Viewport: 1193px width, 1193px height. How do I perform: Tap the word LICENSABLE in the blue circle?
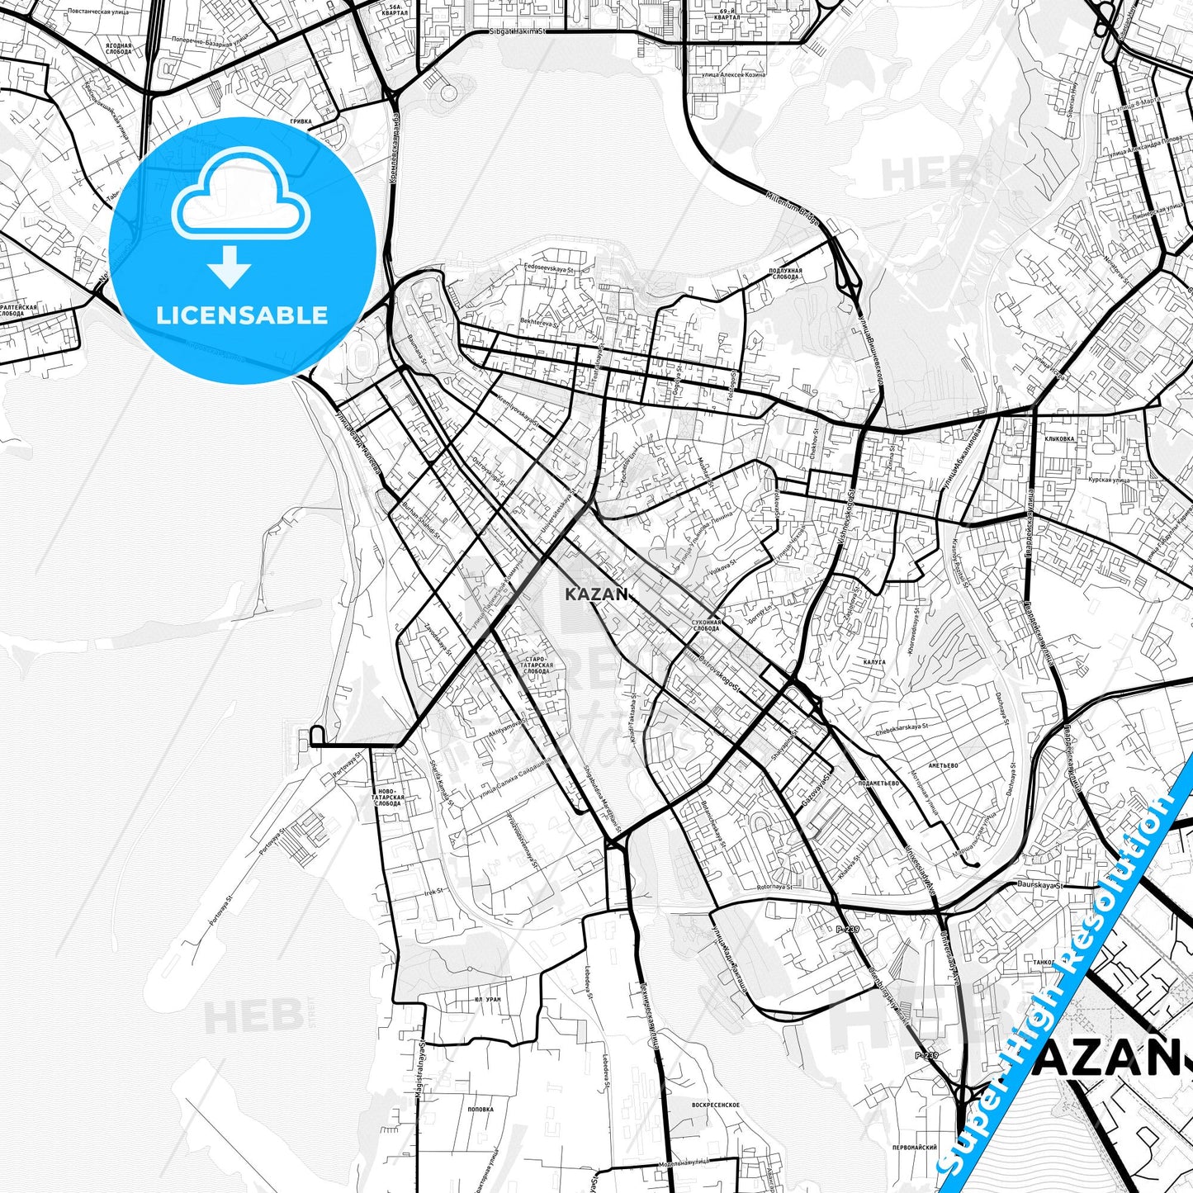242,315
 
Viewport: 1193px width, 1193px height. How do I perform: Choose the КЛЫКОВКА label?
1059,439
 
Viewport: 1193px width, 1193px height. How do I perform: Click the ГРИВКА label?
301,121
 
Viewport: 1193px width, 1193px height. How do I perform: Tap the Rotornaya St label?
774,887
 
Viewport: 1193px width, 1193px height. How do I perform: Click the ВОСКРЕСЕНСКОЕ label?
715,1105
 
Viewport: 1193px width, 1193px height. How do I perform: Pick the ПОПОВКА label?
480,1110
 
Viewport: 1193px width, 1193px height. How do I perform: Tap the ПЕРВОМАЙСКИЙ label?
914,1147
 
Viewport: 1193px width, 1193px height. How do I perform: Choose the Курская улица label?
1109,479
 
